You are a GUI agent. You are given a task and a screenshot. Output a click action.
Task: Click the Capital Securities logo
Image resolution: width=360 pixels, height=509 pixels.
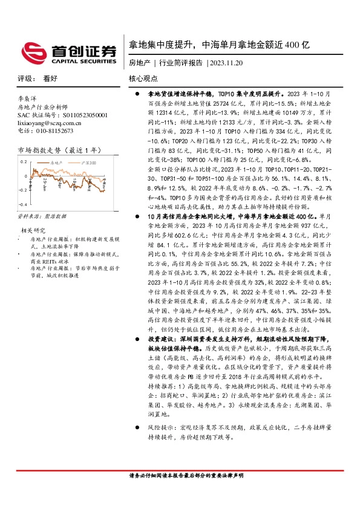pos(68,53)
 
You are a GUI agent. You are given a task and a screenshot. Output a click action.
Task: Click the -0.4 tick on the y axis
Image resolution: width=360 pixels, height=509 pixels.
pos(21,206)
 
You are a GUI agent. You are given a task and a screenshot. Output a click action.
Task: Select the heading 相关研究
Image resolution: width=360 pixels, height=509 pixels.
pos(33,230)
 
